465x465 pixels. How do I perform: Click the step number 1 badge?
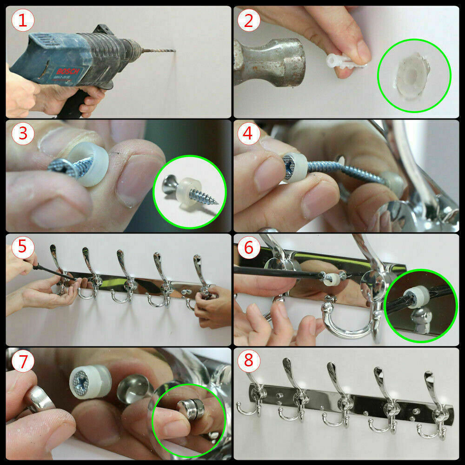click(x=23, y=20)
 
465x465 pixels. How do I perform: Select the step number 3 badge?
click(x=23, y=133)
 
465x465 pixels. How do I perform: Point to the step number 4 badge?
click(x=248, y=133)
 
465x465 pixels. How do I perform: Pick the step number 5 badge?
click(x=23, y=247)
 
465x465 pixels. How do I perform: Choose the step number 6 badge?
click(x=248, y=247)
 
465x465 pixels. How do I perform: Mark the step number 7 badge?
click(x=23, y=361)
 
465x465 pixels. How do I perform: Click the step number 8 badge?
click(x=248, y=361)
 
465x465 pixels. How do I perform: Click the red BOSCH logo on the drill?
click(x=68, y=72)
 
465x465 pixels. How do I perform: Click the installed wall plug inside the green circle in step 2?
click(x=412, y=75)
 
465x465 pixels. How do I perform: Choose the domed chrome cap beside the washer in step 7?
click(x=133, y=388)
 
